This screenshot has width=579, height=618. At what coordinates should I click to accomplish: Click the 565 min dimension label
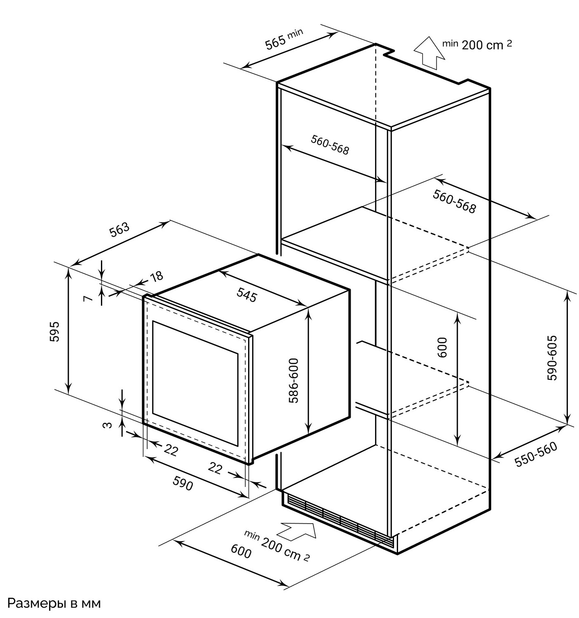[x=284, y=38]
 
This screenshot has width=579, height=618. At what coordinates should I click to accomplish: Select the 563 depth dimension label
[x=120, y=229]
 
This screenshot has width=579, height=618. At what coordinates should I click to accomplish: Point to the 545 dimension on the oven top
[x=247, y=294]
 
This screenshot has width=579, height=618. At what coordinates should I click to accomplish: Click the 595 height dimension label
[x=55, y=331]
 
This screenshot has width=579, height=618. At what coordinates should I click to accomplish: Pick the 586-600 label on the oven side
[x=293, y=380]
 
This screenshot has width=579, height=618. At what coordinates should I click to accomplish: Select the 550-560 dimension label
[x=536, y=454]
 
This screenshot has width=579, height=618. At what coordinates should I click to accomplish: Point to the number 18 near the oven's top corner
[x=157, y=276]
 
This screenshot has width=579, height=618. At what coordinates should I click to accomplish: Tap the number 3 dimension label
[x=107, y=425]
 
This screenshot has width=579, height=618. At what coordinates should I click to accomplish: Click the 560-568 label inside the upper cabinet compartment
[x=330, y=145]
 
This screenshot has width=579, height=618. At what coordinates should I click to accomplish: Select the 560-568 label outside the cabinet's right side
[x=454, y=201]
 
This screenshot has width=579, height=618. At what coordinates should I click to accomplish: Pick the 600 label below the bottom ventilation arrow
[x=241, y=552]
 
